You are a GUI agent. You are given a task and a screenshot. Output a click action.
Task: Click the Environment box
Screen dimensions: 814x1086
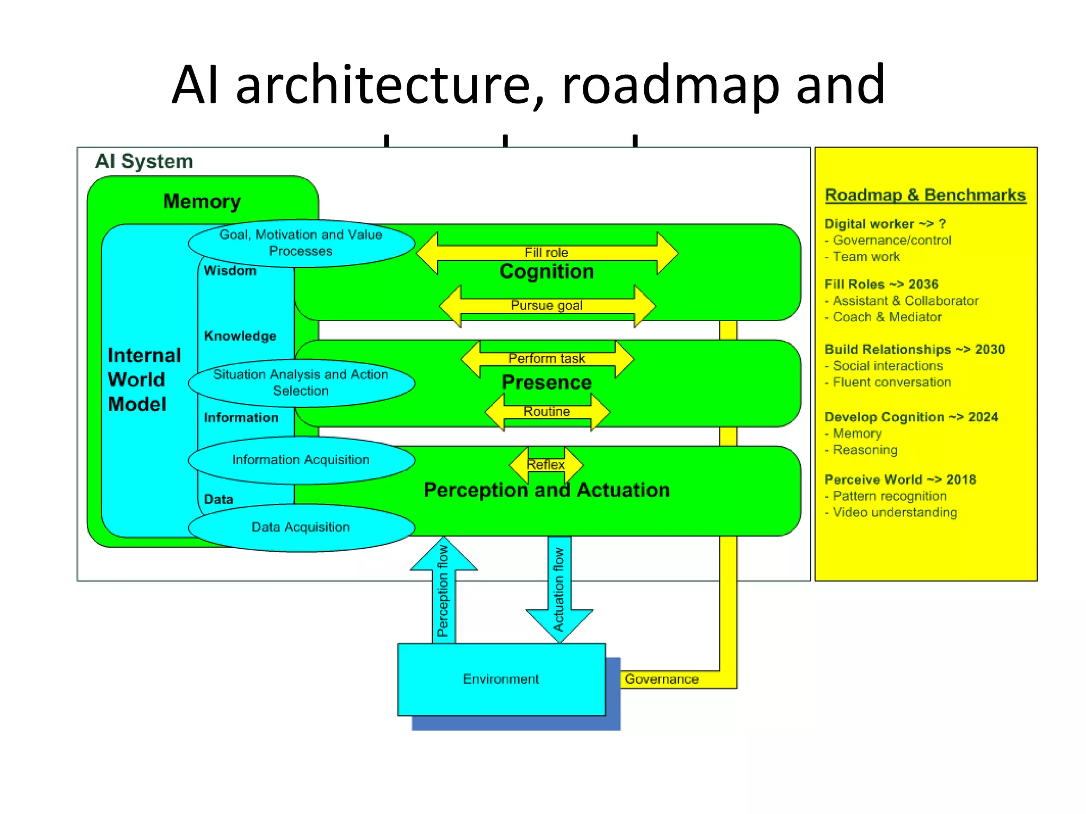coord(501,679)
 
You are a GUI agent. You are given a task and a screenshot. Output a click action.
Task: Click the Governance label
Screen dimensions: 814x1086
coord(661,679)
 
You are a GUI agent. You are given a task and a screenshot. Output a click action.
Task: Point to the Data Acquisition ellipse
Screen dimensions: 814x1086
coord(301,527)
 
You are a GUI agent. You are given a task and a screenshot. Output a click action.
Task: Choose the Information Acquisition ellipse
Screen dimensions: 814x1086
coord(301,460)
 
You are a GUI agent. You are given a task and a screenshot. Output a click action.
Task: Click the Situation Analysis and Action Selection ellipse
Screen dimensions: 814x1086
coord(301,383)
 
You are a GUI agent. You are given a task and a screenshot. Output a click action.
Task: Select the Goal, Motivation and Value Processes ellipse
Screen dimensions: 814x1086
coord(301,243)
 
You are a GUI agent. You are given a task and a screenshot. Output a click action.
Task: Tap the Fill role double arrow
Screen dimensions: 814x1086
coord(547,253)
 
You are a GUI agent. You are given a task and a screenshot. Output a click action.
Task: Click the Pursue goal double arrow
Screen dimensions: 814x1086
coord(547,306)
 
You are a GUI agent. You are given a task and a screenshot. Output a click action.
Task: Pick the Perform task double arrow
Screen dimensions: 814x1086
coord(547,359)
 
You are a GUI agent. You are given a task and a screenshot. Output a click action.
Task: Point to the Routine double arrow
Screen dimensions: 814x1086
coord(547,412)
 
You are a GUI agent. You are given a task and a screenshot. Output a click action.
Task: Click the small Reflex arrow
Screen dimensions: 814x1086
coord(546,465)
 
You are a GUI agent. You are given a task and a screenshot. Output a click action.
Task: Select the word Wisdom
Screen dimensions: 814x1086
coord(230,271)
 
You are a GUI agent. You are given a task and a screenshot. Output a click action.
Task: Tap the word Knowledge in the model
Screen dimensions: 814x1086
coord(240,336)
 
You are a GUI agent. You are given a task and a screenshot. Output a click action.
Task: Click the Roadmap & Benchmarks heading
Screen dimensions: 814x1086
coord(925,195)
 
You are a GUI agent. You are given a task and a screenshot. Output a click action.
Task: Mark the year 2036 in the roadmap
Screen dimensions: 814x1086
coord(923,285)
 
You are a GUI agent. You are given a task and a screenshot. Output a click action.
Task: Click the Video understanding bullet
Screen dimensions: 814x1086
coord(895,512)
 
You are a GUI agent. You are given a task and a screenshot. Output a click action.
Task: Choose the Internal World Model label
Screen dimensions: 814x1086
coord(144,379)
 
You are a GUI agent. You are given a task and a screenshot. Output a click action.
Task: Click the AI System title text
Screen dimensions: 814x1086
coord(144,161)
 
